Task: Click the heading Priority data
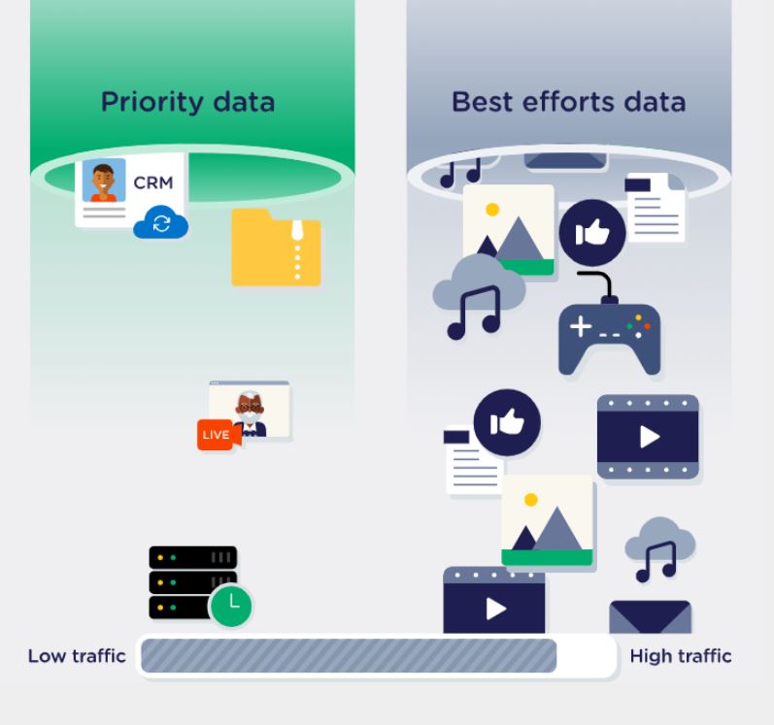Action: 187,102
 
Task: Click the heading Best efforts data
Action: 568,102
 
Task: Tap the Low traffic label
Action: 77,656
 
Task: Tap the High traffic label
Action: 680,656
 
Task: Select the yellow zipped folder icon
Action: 276,248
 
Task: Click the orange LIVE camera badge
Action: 217,435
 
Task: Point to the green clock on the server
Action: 231,606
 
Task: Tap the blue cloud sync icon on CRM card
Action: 161,223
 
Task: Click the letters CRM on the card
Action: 153,182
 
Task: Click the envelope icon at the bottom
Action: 650,617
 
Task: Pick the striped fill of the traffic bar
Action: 349,657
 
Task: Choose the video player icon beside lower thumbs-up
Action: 648,436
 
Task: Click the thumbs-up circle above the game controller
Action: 591,233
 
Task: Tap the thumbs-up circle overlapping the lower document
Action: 506,423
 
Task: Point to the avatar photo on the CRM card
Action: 104,181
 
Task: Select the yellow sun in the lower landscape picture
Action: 530,500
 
